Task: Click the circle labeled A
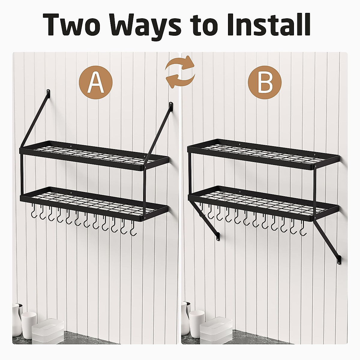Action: [x=95, y=82]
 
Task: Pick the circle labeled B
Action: [x=265, y=82]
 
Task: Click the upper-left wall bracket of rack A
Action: [x=48, y=92]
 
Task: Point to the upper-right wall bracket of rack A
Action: [x=171, y=106]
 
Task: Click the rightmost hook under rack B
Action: [x=303, y=231]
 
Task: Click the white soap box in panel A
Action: [x=48, y=330]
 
